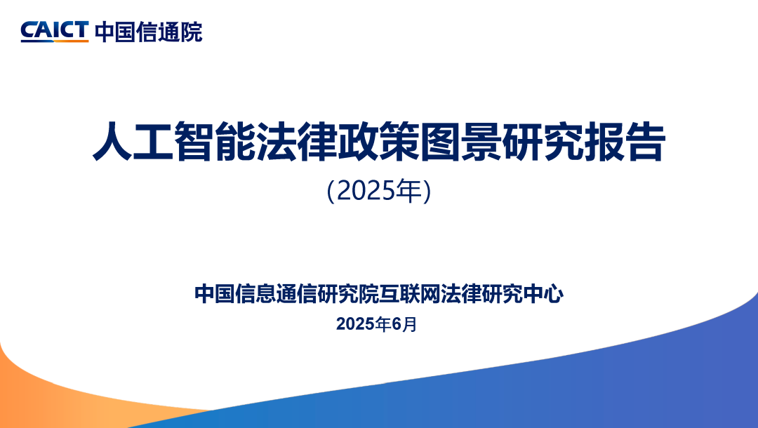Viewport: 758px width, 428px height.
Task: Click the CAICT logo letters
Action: (x=55, y=30)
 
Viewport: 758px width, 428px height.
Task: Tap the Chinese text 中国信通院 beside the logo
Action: (x=148, y=32)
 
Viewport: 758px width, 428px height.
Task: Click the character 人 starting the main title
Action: (x=112, y=142)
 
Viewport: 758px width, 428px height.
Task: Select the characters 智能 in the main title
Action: (x=215, y=142)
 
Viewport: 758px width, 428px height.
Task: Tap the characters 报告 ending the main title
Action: (x=625, y=142)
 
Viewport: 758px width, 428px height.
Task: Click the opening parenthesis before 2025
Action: (x=331, y=192)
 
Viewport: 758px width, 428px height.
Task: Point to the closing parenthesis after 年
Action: (x=427, y=192)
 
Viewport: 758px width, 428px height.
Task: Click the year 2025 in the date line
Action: (x=357, y=324)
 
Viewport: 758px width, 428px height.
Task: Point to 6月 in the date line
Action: (x=404, y=324)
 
